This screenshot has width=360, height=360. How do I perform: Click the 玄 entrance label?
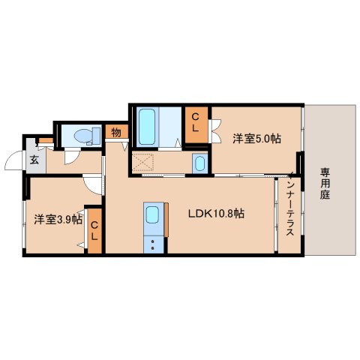click(34, 158)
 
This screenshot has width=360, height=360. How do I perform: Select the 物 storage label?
click(116, 132)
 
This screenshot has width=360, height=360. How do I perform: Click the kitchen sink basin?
click(152, 216)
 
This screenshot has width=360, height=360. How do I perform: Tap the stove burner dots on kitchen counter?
click(152, 243)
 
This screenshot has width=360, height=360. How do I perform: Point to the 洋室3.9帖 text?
click(57, 220)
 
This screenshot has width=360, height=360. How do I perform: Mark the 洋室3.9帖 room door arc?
click(91, 184)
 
